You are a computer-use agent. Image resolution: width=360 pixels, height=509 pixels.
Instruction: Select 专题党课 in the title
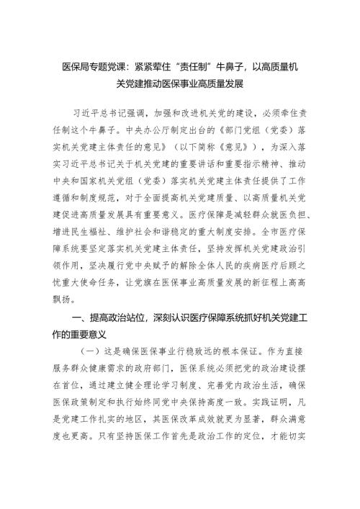click(x=109, y=66)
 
